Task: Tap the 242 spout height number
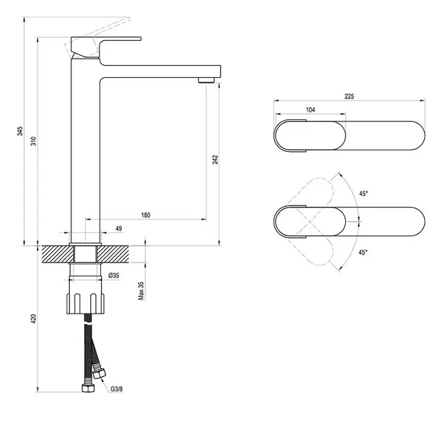pos(215,159)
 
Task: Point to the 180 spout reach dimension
pos(146,215)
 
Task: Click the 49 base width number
pos(118,229)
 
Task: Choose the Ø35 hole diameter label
pos(114,275)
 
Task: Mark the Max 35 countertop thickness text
pos(141,289)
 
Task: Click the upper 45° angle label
pos(363,194)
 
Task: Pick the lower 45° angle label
pos(363,253)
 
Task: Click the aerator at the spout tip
pos(205,81)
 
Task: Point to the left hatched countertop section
pos(56,255)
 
